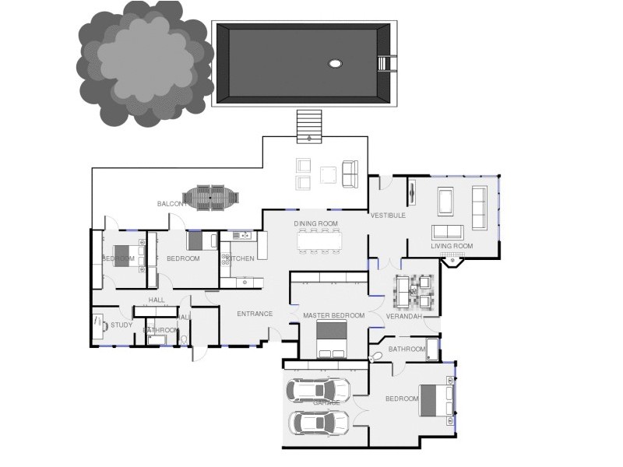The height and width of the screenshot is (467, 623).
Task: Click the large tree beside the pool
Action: [144, 66]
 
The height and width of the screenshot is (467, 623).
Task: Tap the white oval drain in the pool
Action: [336, 64]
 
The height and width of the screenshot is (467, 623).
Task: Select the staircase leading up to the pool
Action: [309, 126]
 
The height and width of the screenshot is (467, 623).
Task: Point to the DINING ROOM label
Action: [315, 224]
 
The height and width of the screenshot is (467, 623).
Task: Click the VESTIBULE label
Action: [387, 216]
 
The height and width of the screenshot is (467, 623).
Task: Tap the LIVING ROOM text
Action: [452, 247]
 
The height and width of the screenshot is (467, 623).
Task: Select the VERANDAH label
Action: [404, 317]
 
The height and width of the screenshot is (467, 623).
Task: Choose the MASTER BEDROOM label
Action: [333, 315]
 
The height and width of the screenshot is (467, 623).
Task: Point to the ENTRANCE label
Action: [255, 314]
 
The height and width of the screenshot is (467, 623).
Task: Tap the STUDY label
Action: [121, 325]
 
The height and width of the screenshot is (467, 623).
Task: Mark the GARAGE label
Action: [326, 402]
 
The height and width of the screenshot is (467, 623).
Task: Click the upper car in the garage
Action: [319, 388]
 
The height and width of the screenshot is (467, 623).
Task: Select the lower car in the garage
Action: [319, 423]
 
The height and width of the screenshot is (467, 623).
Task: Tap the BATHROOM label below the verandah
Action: [407, 349]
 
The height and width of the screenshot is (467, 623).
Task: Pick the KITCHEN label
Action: [240, 258]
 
